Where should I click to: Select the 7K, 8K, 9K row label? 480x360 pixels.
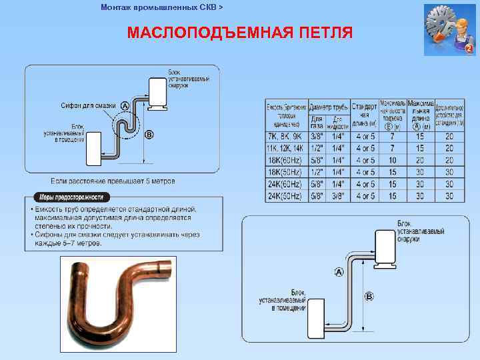pyautogui.click(x=284, y=137)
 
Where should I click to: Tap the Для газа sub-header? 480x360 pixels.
pyautogui.click(x=317, y=122)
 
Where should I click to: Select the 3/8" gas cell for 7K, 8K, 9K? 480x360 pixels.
pyautogui.click(x=317, y=137)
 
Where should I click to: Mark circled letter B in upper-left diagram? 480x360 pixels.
pyautogui.click(x=149, y=135)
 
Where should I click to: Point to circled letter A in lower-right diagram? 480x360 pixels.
pyautogui.click(x=339, y=272)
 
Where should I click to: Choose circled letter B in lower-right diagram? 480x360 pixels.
pyautogui.click(x=369, y=296)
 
